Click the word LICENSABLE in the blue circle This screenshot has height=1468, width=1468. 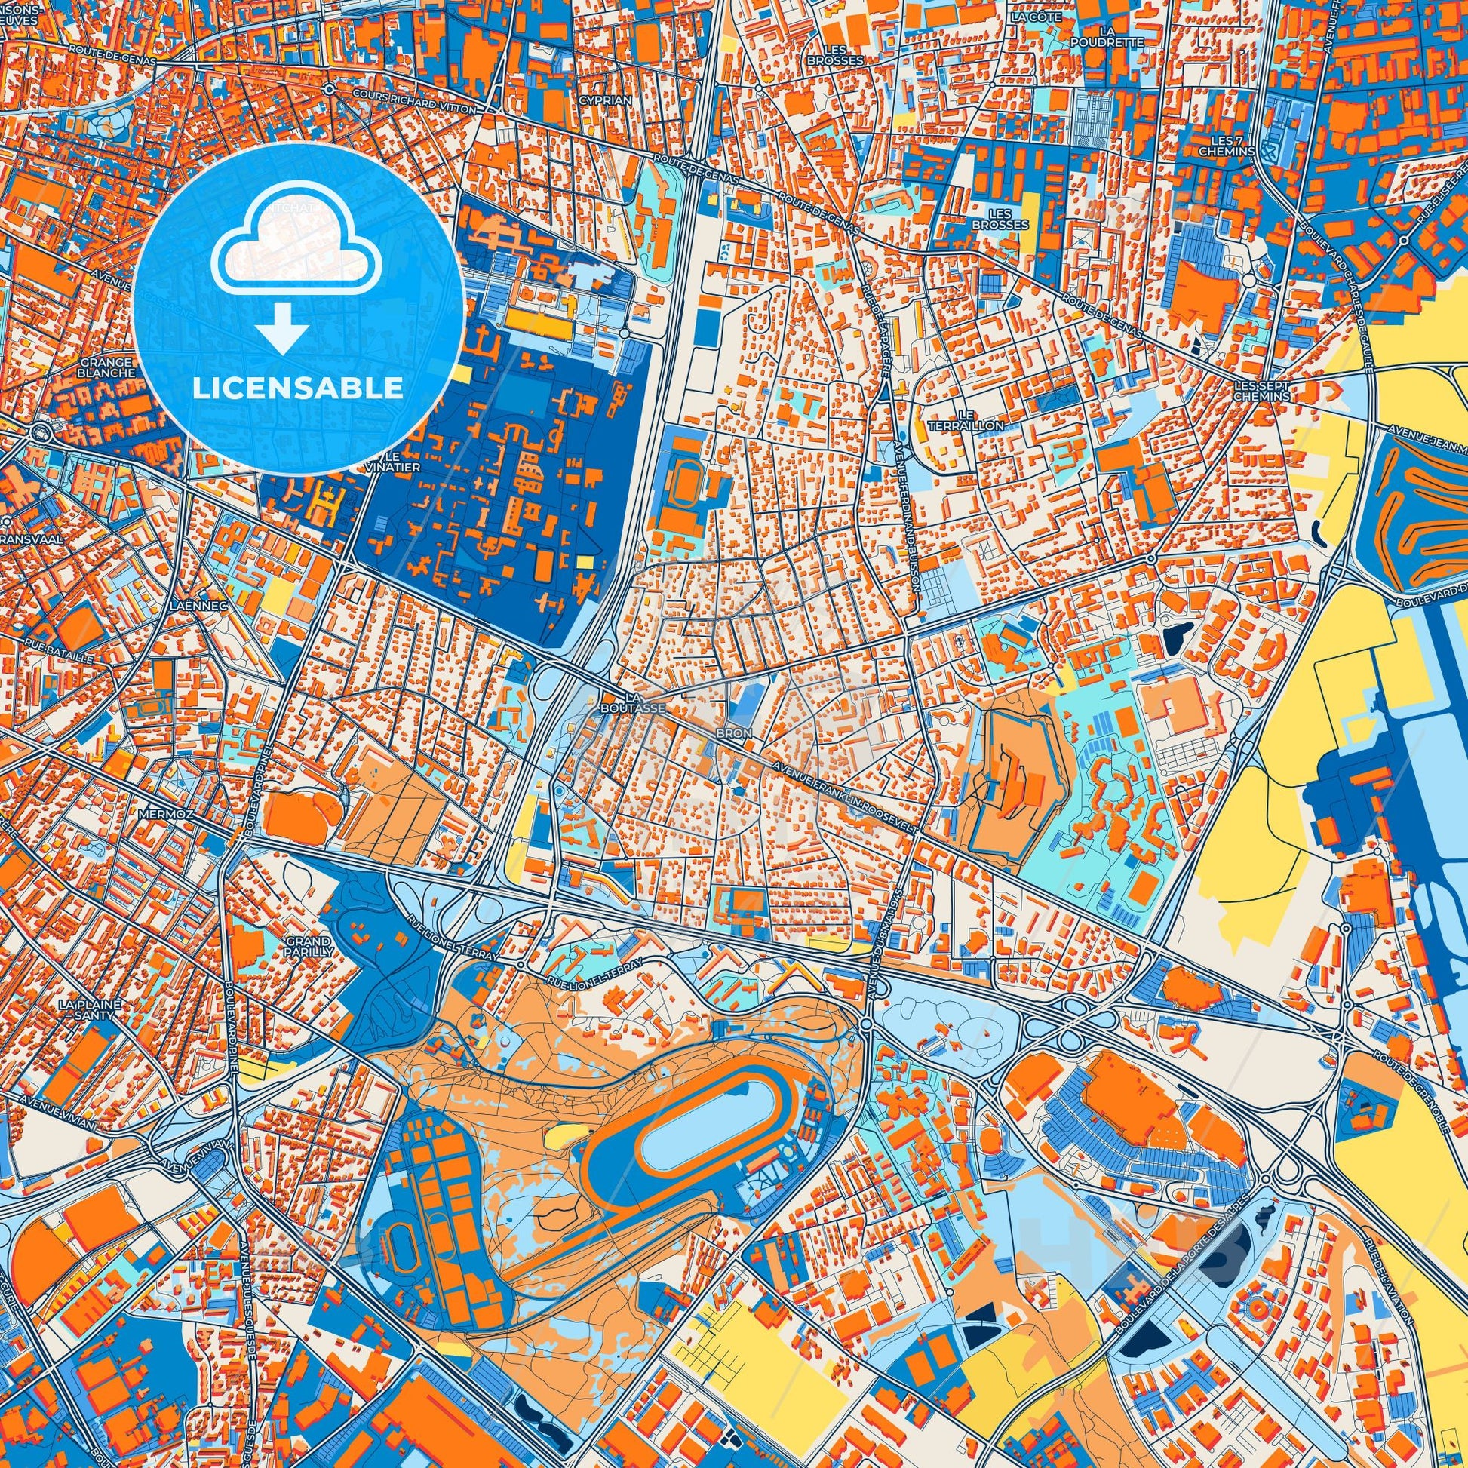click(298, 388)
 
